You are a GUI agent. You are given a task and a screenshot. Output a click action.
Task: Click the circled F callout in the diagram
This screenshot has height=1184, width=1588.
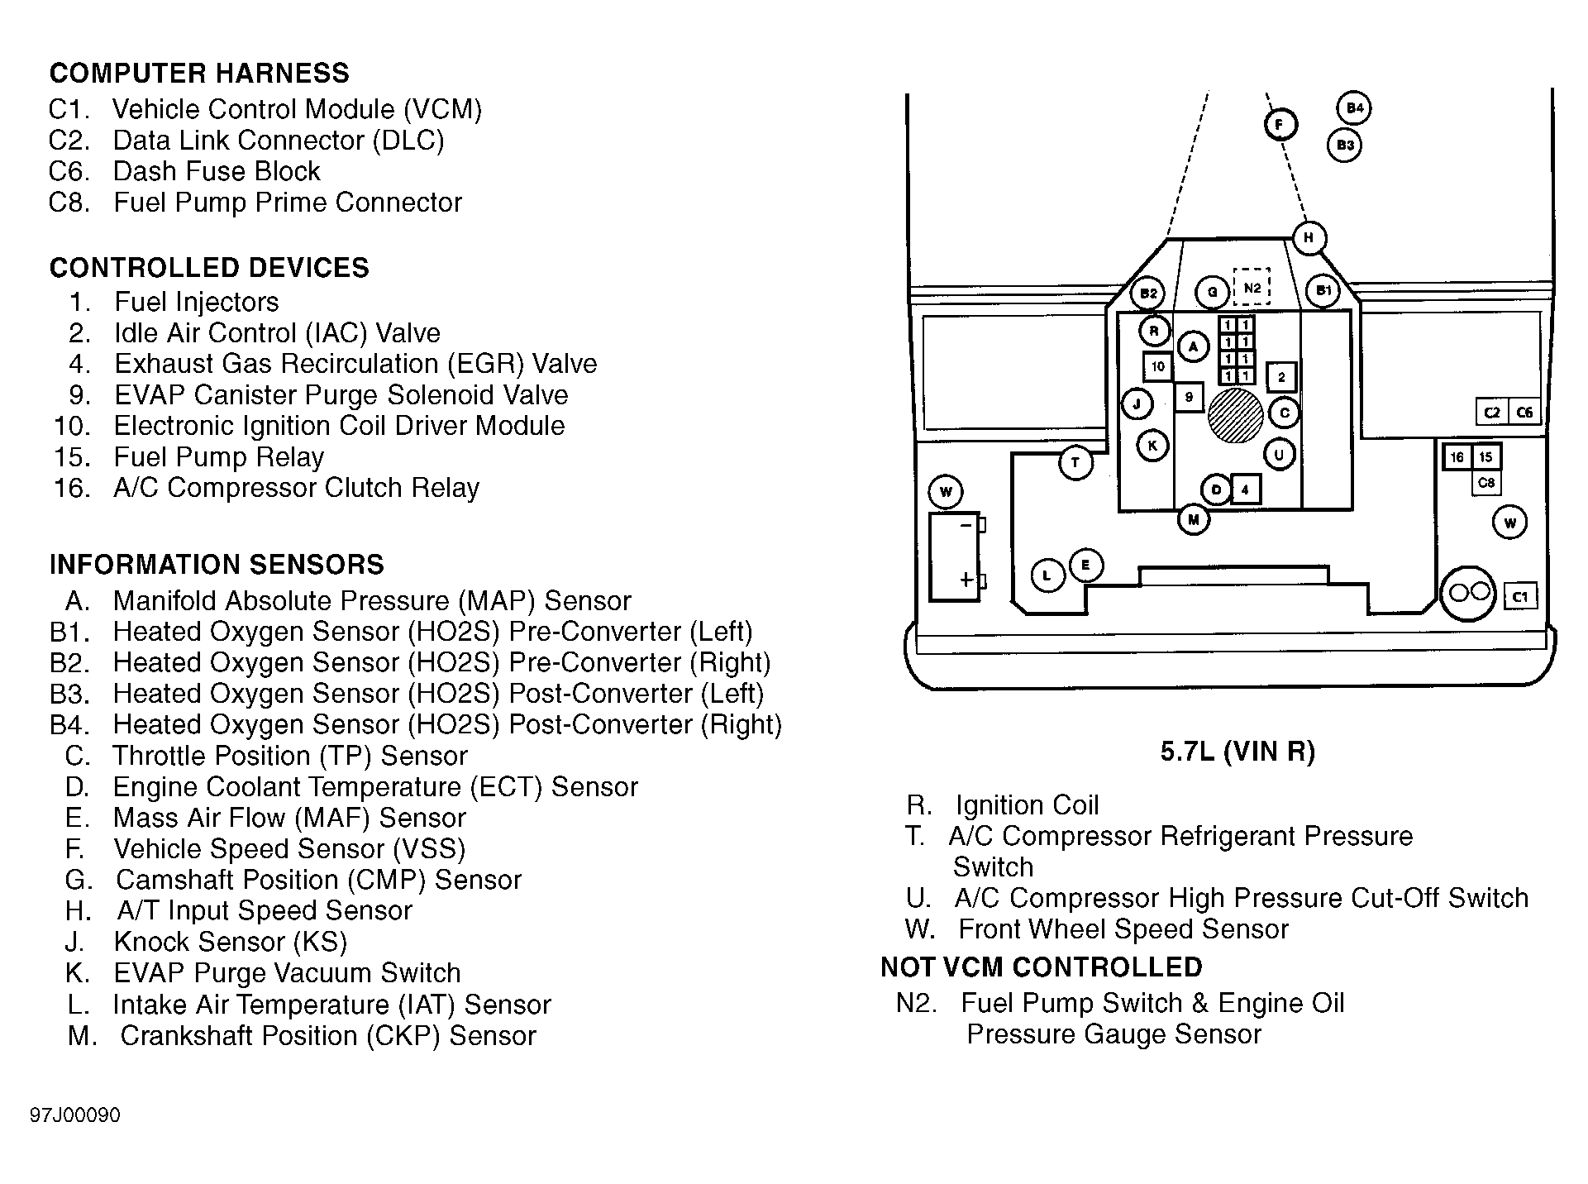coord(1280,125)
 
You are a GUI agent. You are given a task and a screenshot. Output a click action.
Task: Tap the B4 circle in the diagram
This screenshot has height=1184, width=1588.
coord(1353,108)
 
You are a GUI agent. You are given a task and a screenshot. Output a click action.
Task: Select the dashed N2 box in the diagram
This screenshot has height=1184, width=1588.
coord(1252,288)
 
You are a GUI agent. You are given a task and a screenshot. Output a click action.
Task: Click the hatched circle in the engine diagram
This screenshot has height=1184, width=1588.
coord(1235,415)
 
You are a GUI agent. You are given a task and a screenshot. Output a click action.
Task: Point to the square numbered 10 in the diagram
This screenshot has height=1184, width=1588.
coord(1157,366)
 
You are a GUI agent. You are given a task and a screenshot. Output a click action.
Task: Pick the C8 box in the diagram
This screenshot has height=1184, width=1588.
coord(1486,483)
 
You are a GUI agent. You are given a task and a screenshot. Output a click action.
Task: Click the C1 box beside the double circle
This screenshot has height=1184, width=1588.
coord(1520,596)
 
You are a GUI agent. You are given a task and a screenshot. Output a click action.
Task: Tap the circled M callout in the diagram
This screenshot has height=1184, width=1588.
coord(1193,520)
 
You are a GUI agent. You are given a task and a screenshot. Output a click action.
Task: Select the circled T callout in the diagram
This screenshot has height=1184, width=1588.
coord(1075,462)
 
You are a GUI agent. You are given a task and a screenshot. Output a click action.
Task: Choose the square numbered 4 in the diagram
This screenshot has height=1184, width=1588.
coord(1246,490)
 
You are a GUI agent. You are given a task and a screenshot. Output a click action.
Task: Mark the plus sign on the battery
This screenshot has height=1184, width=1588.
coord(966,579)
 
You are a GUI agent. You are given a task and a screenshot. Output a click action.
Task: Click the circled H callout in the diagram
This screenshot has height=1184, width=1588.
coord(1309,238)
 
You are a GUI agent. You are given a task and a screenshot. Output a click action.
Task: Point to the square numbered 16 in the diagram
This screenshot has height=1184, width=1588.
coord(1457,457)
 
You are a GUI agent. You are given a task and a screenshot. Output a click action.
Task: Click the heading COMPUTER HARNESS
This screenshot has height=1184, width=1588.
coord(199,73)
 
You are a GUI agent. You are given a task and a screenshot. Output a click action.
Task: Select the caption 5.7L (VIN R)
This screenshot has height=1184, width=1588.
coord(1237,751)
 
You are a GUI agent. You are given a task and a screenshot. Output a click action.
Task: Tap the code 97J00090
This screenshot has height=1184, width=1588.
coord(75,1115)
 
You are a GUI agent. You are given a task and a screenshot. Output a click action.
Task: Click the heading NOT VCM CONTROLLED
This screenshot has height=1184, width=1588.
coord(1041,967)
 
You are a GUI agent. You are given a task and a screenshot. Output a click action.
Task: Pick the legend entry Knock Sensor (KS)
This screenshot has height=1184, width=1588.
coord(230,942)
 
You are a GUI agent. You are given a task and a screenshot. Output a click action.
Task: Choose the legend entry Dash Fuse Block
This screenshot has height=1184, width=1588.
coord(216,171)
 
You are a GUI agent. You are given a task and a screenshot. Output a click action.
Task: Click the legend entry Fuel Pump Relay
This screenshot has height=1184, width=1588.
coord(218,456)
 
